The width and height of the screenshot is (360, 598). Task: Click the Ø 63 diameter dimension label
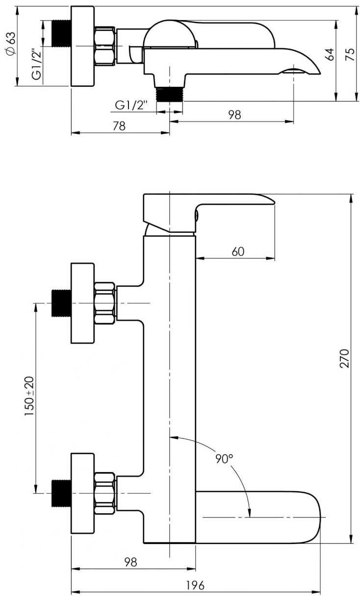11,44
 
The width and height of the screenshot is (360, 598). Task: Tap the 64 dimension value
330,54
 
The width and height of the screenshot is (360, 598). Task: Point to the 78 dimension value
119,126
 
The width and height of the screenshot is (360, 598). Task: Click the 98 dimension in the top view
235,115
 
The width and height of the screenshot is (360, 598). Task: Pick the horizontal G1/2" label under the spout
131,105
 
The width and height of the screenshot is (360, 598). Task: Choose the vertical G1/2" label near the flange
37,64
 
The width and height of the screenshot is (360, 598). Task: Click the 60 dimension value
238,251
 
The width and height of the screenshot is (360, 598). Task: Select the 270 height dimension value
344,358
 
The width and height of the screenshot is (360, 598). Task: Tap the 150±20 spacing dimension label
29,396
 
